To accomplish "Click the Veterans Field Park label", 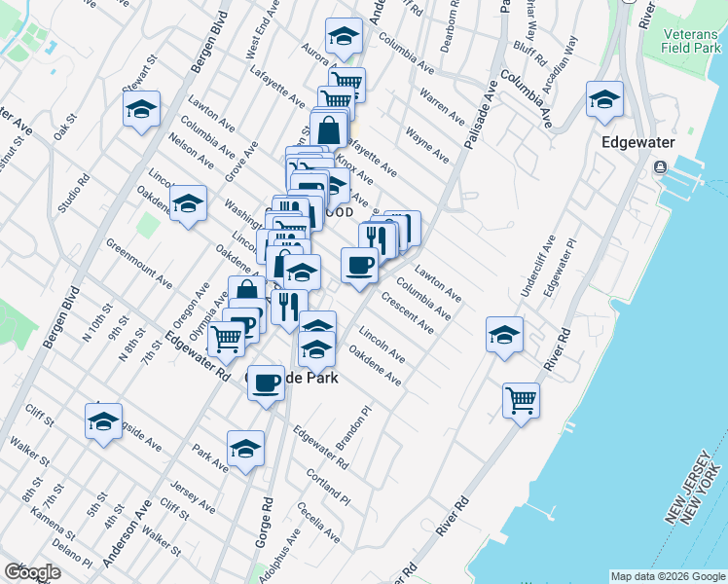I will [690, 40].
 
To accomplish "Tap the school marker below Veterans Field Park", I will [604, 100].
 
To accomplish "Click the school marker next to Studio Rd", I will [188, 203].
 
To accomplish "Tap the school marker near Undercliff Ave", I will [502, 334].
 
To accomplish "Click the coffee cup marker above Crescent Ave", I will [359, 265].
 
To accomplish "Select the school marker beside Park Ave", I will [245, 449].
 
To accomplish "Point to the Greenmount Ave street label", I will [139, 264].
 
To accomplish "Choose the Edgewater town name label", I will [638, 142].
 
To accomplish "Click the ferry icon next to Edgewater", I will [662, 167].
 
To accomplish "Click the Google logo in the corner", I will [32, 572].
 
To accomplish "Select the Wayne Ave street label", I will [427, 143].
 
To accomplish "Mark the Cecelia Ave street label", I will [319, 522].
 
